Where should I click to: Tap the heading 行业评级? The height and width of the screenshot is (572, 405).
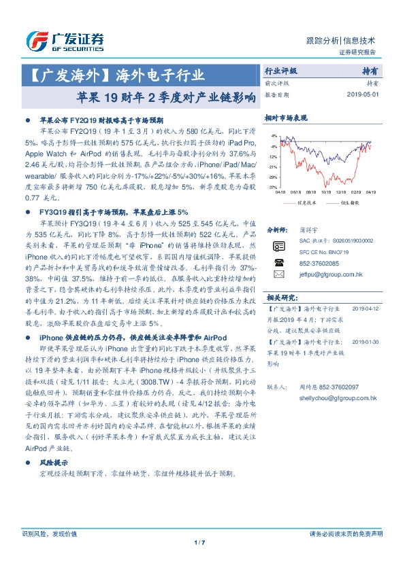pyautogui.click(x=280, y=71)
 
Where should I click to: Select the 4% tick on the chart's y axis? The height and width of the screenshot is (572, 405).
pyautogui.click(x=273, y=136)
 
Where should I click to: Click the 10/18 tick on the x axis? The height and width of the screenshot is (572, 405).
pyautogui.click(x=325, y=192)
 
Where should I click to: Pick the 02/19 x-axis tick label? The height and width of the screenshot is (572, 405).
pyautogui.click(x=356, y=192)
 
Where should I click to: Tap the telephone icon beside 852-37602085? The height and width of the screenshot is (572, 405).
pyautogui.click(x=278, y=262)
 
